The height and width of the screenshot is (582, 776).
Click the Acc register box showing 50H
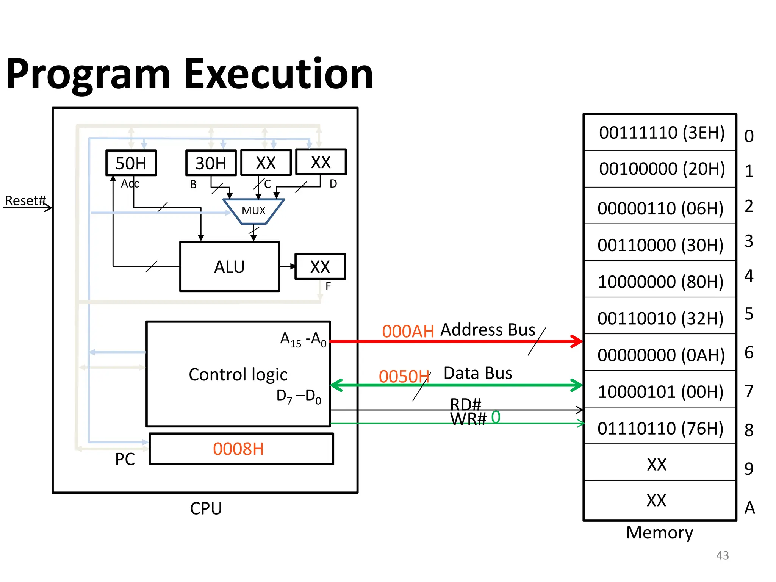[131, 163]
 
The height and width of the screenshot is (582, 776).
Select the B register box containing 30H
[211, 163]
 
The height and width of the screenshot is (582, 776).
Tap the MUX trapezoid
[253, 211]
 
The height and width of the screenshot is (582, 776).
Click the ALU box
[229, 267]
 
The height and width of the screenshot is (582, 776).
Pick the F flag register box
[320, 267]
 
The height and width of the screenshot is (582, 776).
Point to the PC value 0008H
[238, 449]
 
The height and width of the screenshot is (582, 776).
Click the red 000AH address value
[408, 332]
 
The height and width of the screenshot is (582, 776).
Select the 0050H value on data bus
[404, 377]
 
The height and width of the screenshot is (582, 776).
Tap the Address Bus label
[488, 330]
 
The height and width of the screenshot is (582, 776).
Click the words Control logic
[238, 375]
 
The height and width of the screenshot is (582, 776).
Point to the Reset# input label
[25, 200]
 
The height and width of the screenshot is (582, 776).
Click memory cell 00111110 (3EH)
[662, 133]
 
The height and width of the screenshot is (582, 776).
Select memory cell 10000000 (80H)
[660, 282]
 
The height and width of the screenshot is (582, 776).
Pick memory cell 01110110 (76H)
[660, 429]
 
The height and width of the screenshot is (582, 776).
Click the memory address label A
[749, 508]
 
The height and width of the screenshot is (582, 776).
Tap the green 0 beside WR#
[496, 418]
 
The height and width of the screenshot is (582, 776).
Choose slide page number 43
[722, 555]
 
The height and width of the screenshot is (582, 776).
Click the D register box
[321, 163]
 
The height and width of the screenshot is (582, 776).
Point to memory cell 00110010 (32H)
[660, 319]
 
